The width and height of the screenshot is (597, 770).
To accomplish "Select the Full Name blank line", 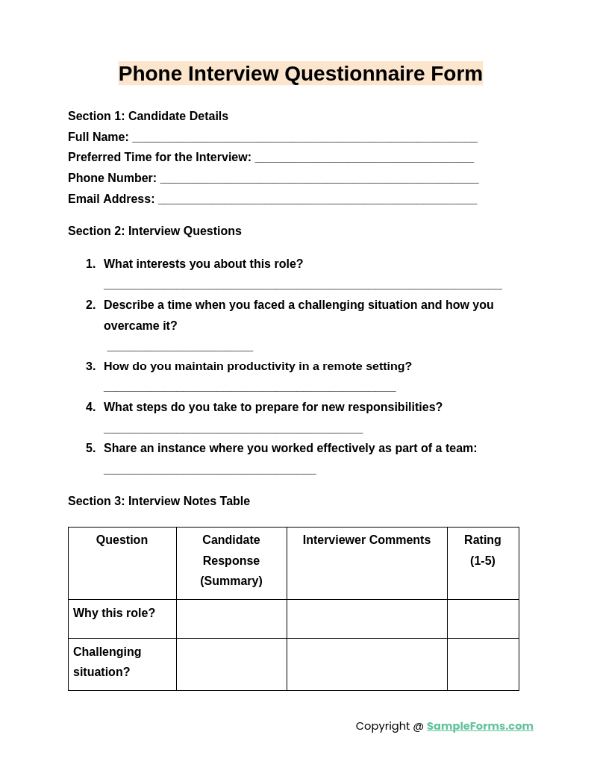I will click(x=304, y=139).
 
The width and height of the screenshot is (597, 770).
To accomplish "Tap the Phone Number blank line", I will click(x=319, y=180).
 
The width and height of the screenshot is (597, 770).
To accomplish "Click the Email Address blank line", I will click(x=317, y=201).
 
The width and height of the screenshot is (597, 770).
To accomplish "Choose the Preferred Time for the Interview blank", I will click(x=364, y=159).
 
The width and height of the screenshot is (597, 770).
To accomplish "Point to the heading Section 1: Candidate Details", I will click(x=148, y=116).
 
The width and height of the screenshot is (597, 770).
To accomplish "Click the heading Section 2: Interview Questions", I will click(x=154, y=231).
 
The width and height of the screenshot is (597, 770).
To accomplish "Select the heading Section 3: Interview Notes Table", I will click(x=159, y=501).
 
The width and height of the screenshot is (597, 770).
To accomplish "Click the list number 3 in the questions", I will click(x=90, y=366).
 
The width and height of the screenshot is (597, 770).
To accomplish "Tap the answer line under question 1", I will click(x=302, y=287).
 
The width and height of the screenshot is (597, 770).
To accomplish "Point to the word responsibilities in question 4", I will click(x=390, y=407).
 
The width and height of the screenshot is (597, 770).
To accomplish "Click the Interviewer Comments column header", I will click(x=366, y=540).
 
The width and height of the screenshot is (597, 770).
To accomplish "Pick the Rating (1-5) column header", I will click(x=483, y=550).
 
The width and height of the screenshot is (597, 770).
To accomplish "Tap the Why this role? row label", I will click(x=114, y=613).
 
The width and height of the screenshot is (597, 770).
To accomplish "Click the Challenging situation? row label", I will click(x=107, y=662).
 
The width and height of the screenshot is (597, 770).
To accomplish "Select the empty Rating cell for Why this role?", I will click(x=483, y=619).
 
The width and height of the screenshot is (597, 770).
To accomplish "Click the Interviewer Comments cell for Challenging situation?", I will click(x=366, y=664).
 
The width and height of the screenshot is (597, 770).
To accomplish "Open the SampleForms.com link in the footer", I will click(x=480, y=726).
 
